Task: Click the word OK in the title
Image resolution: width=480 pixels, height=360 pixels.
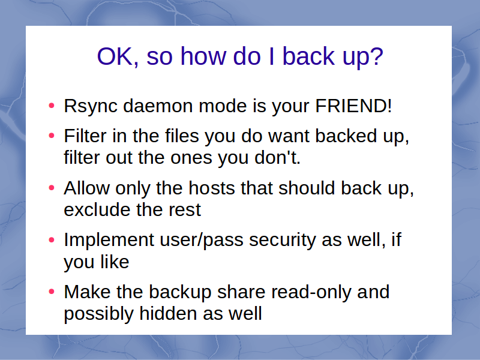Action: pyautogui.click(x=116, y=56)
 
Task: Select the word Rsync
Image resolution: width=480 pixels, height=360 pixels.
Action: pyautogui.click(x=91, y=107)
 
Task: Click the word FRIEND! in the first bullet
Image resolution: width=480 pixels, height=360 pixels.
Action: pyautogui.click(x=353, y=106)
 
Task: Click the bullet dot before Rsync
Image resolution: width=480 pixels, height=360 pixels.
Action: pyautogui.click(x=52, y=106)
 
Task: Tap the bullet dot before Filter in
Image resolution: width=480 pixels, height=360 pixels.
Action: pyautogui.click(x=52, y=136)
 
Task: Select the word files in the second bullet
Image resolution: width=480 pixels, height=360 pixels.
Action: pyautogui.click(x=182, y=136)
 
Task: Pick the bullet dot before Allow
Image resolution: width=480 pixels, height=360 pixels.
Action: pyautogui.click(x=52, y=187)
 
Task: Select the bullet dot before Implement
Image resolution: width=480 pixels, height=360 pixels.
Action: pyautogui.click(x=52, y=239)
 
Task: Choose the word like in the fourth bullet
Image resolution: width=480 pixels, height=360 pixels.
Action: pyautogui.click(x=115, y=262)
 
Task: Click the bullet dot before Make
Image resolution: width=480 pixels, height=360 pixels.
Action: pyautogui.click(x=52, y=292)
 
